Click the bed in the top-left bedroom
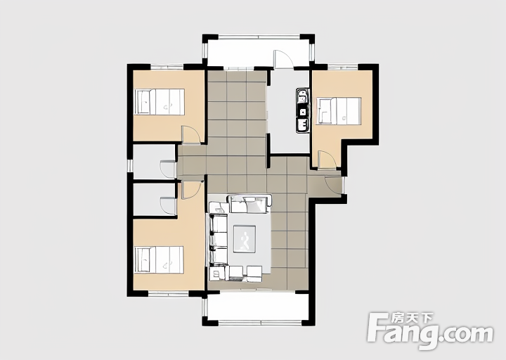point(160,102)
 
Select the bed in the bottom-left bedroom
point(160,260)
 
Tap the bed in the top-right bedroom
point(339,111)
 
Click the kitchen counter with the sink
point(303,110)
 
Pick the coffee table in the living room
point(245,239)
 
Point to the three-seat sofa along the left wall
point(218,240)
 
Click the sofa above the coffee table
point(249,204)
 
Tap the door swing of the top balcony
point(283,59)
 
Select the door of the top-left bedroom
point(191,134)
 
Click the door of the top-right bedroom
point(327,159)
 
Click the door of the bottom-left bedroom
point(192,190)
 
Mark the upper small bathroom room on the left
point(154,161)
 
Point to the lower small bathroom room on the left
point(154,200)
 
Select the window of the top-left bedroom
point(167,67)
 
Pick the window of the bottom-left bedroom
point(168,293)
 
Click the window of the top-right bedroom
point(343,67)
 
